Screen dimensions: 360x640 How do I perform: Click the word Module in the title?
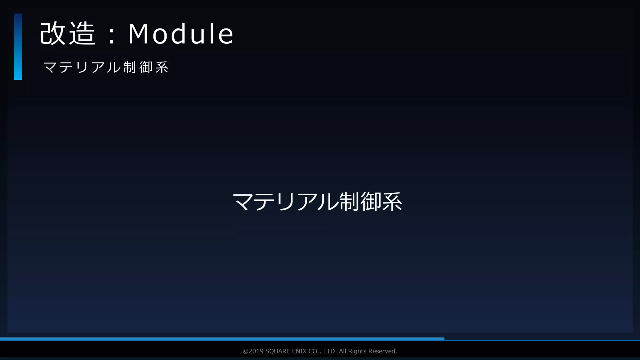tap(181, 34)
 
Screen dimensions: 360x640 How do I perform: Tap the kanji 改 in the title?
tap(52, 34)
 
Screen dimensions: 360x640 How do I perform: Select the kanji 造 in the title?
tap(82, 34)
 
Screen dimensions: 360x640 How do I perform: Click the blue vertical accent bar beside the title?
tap(18, 47)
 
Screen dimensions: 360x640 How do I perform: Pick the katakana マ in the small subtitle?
tap(50, 67)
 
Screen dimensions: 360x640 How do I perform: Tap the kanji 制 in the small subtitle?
tap(130, 67)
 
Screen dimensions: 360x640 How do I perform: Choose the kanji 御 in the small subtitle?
tap(146, 67)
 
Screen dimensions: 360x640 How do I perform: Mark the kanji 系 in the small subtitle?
tap(162, 67)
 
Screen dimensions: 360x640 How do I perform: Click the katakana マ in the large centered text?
tap(243, 202)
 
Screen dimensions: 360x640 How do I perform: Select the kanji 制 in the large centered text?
tap(349, 202)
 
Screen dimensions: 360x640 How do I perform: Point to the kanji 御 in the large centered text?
tap(371, 202)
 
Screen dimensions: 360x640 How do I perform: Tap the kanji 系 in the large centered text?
tap(392, 202)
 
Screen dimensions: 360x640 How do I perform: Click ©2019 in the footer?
tap(253, 351)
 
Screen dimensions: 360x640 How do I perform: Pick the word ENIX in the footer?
tap(299, 351)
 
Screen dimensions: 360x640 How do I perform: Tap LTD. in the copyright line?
tap(330, 351)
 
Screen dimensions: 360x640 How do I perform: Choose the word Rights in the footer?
tap(357, 351)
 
